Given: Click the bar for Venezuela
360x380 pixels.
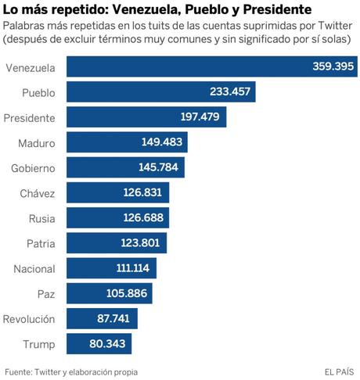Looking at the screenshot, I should pyautogui.click(x=188, y=67).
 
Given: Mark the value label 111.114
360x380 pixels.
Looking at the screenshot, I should pyautogui.click(x=131, y=268).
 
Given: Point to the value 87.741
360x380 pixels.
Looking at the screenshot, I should pyautogui.click(x=114, y=319).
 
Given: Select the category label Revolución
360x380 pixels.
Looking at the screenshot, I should pyautogui.click(x=30, y=319).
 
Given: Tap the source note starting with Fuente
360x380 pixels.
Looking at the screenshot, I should pyautogui.click(x=76, y=371).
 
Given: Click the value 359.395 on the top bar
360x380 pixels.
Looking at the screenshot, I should pyautogui.click(x=329, y=67).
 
